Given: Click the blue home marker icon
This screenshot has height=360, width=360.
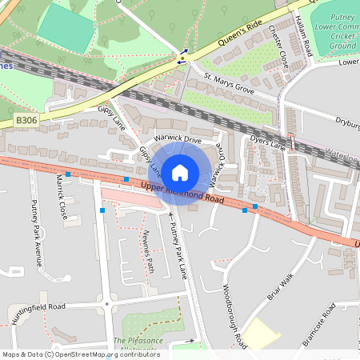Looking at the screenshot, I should click(x=180, y=172).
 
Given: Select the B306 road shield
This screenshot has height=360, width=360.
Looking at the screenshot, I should click(x=26, y=121).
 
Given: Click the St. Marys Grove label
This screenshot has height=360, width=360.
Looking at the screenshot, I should click(x=229, y=82).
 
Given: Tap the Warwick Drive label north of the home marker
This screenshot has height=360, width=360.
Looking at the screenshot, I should click(x=178, y=138).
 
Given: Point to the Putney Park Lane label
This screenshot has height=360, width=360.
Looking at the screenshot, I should click(x=178, y=251).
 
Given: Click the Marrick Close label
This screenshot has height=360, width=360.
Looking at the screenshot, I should click(x=61, y=203).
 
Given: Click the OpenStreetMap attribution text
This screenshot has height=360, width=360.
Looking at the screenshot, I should click(x=80, y=354).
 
